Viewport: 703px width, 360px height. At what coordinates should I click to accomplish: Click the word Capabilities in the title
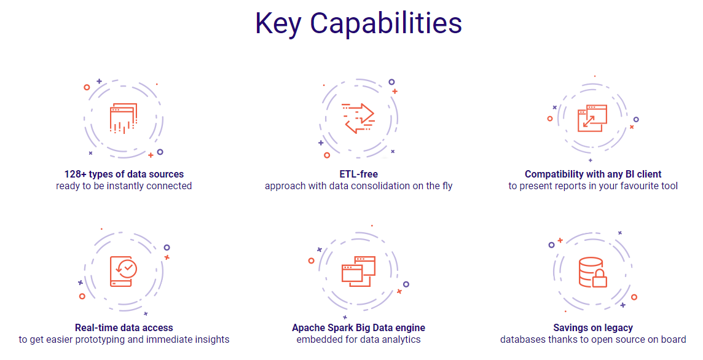coord(386,23)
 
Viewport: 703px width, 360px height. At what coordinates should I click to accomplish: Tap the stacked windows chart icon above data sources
coord(124,119)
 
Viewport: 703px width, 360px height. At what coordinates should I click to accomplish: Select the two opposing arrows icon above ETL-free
coord(358,119)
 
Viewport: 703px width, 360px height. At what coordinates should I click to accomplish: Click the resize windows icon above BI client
coord(592,119)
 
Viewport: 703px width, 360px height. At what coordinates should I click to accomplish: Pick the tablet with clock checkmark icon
coord(124,272)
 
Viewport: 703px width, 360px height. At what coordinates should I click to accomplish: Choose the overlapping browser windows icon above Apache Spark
coord(359,272)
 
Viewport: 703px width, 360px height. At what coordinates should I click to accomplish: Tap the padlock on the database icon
coord(599,279)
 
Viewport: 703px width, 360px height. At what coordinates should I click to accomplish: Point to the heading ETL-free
coord(359,174)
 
